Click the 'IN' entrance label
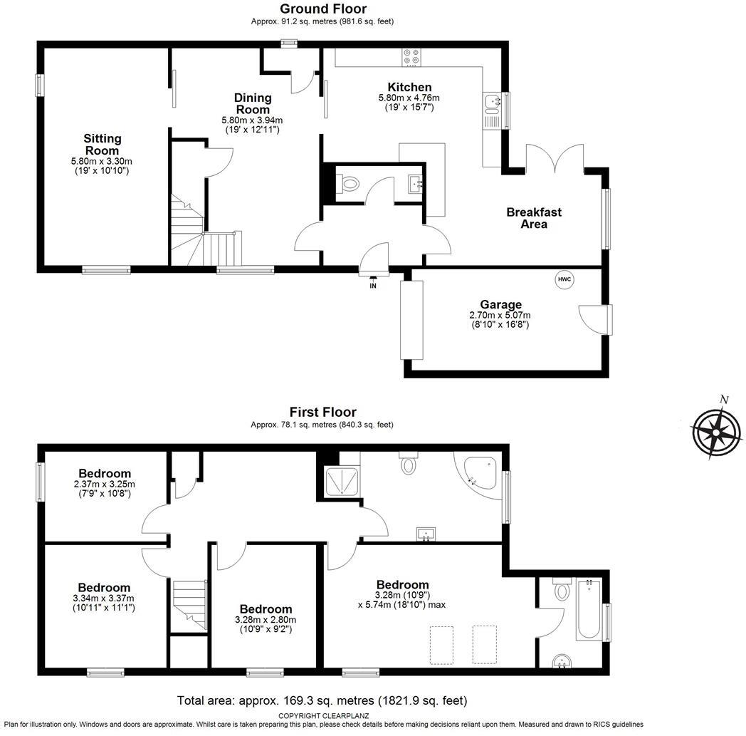[x=372, y=286]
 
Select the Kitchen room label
[x=409, y=87]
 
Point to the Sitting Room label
[x=103, y=145]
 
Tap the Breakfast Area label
[x=534, y=218]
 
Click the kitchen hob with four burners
[x=411, y=56]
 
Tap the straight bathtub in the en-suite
[x=589, y=609]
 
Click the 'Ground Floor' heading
[x=322, y=9]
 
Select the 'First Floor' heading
[x=322, y=412]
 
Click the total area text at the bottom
[x=322, y=700]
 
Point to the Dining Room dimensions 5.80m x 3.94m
[x=252, y=120]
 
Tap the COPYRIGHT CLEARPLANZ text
[x=322, y=715]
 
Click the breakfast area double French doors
[x=555, y=158]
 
